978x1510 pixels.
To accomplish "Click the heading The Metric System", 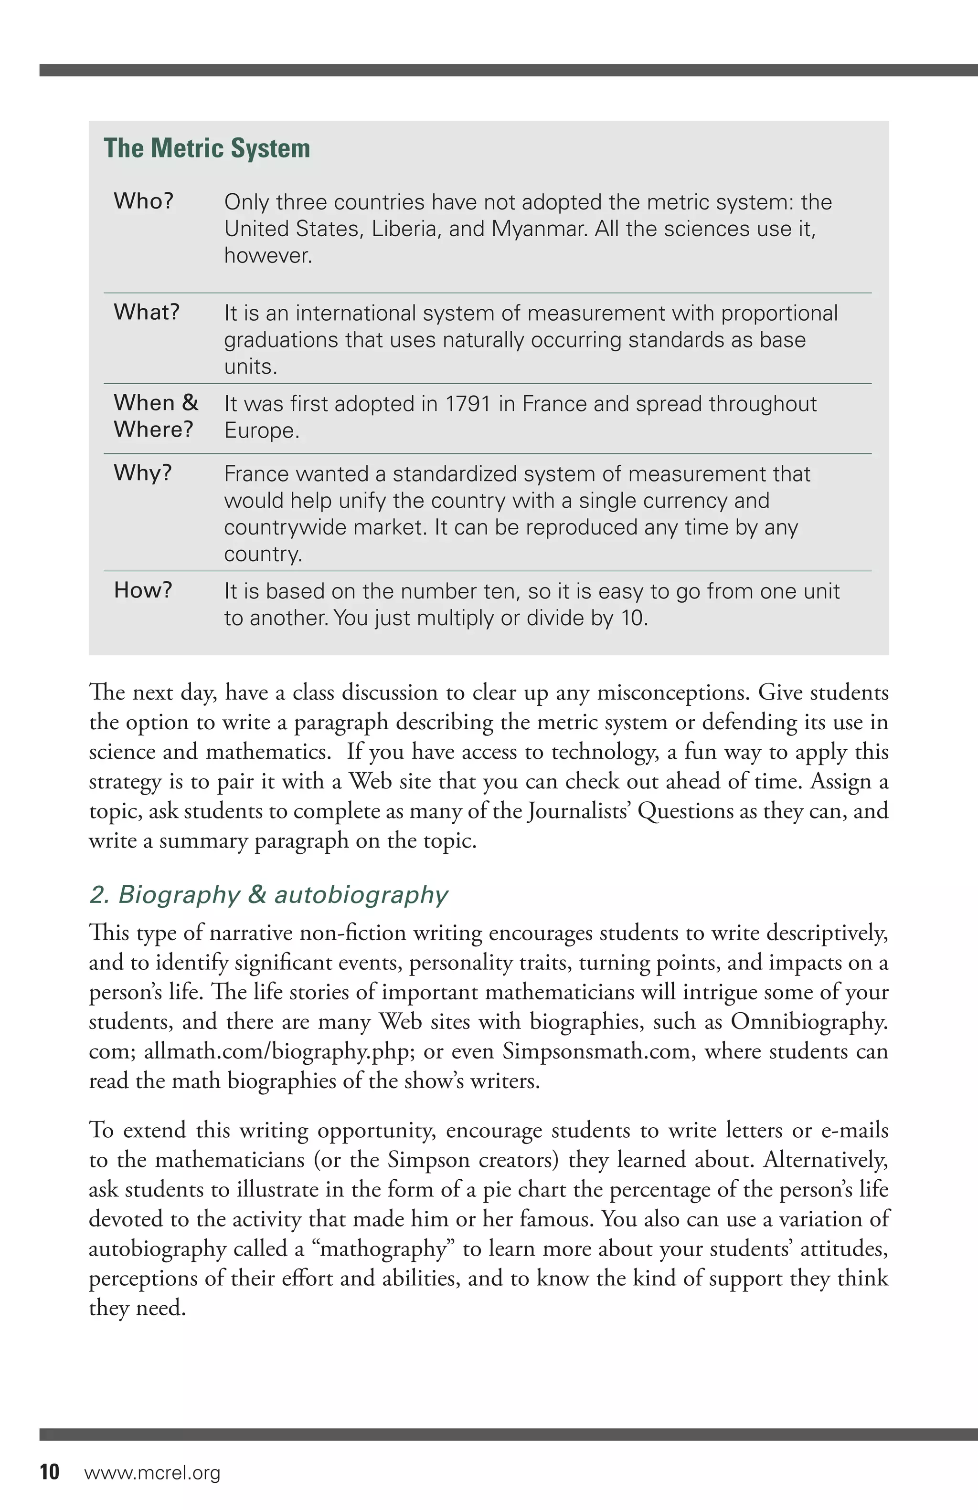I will (207, 148).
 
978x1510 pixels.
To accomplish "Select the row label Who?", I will (143, 201).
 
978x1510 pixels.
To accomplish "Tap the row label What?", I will (147, 312).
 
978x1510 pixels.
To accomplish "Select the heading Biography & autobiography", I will (268, 894).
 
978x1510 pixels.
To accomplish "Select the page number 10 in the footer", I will (50, 1472).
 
